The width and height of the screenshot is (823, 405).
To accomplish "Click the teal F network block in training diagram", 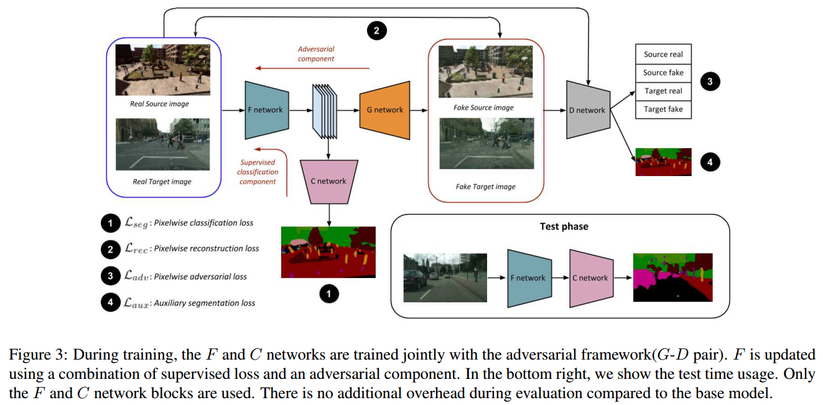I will [x=265, y=109].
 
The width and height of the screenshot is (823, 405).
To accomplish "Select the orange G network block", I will [x=384, y=109].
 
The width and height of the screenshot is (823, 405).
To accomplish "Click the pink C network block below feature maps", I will [x=328, y=180].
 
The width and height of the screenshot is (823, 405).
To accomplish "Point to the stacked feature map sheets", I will [x=324, y=111].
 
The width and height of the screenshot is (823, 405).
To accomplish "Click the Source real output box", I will [x=663, y=54].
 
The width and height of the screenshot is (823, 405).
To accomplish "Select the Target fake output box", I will [x=663, y=109].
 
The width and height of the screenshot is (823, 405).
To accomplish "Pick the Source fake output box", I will [x=663, y=72].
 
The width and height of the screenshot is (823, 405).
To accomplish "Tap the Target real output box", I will [x=663, y=91].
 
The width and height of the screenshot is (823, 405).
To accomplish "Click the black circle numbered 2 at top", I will [x=376, y=30].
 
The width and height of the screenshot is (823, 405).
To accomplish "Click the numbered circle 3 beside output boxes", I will [x=710, y=81].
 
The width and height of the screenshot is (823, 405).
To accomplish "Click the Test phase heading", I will [x=564, y=226].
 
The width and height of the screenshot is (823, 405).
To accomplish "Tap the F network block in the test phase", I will [x=528, y=277].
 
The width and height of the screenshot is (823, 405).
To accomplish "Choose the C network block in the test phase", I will [x=590, y=277].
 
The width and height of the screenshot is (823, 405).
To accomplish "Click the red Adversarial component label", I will [x=316, y=54].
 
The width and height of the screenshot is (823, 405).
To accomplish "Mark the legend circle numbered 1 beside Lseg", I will [x=109, y=222].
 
